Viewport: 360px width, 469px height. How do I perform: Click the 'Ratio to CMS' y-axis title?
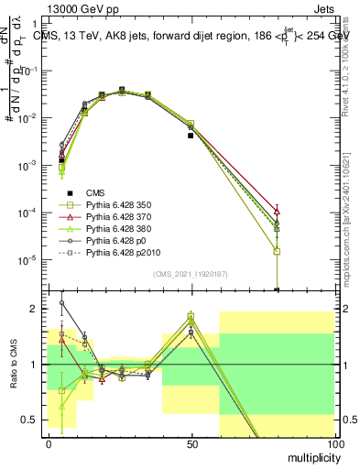(x=13, y=366)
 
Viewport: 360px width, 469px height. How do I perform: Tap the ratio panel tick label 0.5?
(x=32, y=420)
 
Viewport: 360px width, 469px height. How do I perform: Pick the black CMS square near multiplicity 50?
(x=191, y=136)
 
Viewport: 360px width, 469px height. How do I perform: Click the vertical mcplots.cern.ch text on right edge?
(x=351, y=229)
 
